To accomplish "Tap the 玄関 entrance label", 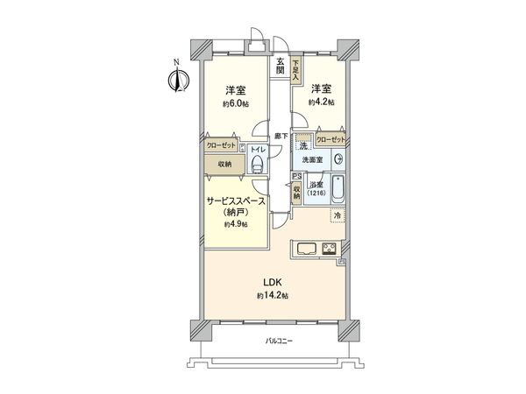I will (280, 66).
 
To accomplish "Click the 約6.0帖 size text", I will (234, 103).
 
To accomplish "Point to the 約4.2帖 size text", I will (320, 102).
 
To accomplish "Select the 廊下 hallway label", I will (280, 136).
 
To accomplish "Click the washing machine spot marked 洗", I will (302, 145).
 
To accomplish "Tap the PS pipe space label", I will (296, 176).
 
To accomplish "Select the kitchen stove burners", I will (331, 248).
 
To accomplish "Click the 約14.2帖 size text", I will (274, 296).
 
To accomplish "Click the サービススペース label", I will (237, 201).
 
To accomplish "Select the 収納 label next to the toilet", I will (225, 164).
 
